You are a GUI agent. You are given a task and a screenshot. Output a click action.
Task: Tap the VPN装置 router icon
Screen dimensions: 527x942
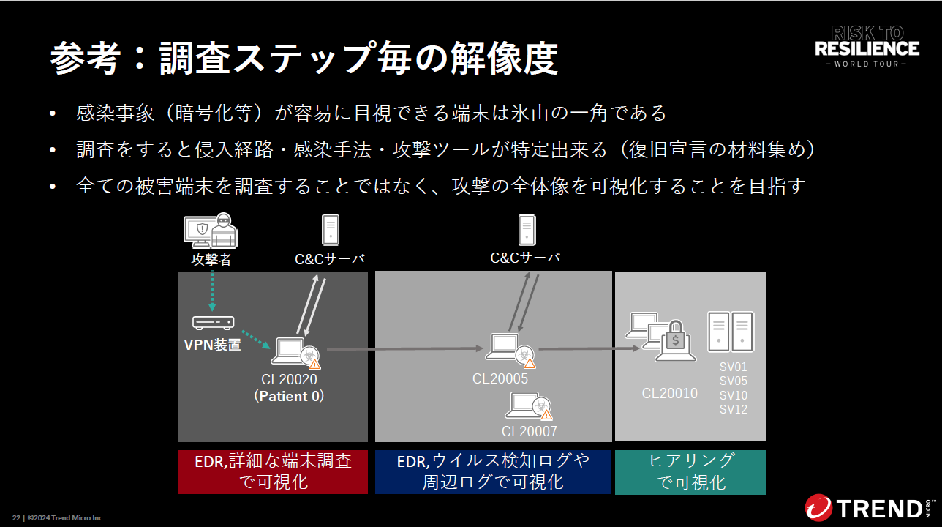(214, 322)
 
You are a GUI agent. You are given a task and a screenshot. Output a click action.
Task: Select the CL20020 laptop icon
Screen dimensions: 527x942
(287, 351)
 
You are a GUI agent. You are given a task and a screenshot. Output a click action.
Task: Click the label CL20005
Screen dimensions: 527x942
(500, 378)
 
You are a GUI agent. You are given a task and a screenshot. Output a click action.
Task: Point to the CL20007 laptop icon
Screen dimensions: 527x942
(524, 404)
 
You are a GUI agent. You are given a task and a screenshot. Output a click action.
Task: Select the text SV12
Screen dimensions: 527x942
(734, 409)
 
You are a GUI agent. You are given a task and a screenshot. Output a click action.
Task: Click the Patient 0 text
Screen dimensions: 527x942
(289, 396)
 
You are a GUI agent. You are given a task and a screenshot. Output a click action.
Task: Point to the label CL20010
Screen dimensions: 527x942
(670, 393)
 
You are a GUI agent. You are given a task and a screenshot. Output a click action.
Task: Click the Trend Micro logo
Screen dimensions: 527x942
(870, 507)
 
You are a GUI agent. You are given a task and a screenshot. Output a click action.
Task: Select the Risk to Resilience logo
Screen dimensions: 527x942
(867, 46)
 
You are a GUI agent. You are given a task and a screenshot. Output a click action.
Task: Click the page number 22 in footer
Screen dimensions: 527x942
(16, 518)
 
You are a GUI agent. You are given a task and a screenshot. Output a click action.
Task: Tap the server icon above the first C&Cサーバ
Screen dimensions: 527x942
(331, 230)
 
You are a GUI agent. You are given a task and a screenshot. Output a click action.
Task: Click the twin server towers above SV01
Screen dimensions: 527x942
(731, 332)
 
